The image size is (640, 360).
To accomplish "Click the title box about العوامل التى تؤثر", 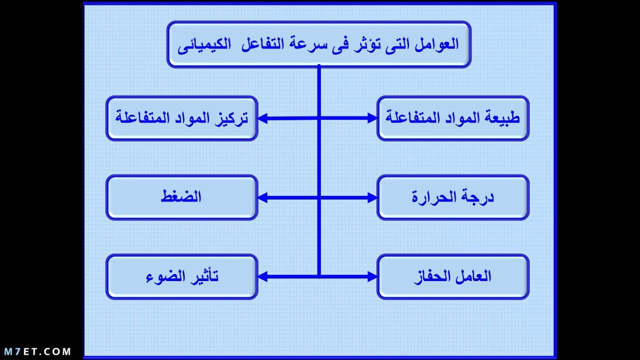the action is [319, 44].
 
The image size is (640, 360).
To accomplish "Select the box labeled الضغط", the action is [181, 197].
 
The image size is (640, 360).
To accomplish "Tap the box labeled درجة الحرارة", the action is [453, 197].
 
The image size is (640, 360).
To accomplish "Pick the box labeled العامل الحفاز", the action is [453, 276].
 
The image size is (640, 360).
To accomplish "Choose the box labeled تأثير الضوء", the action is [181, 276].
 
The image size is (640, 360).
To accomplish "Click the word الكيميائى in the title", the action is [204, 45].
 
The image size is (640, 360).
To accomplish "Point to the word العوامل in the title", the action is [436, 44].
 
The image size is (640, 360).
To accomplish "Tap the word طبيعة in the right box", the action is [503, 117].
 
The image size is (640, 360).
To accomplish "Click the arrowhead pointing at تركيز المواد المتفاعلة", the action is [262, 118].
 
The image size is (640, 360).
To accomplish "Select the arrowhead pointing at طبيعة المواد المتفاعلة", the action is [372, 118].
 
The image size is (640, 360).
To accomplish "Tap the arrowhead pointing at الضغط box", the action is [262, 197].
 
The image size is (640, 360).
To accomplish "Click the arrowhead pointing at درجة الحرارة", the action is [372, 197].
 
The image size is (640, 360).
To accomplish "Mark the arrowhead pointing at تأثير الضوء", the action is [262, 276].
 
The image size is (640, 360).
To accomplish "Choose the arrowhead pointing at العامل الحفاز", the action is [372, 276].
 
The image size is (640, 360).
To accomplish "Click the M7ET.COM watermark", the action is [37, 351].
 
